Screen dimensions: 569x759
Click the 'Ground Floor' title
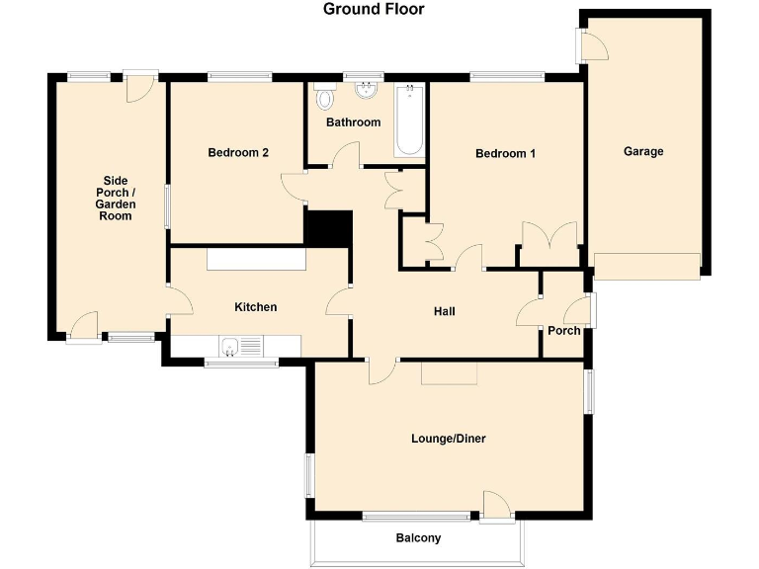point(374,10)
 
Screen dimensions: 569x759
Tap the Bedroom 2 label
point(238,152)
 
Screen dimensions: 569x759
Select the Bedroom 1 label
point(505,153)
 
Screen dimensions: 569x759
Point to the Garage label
point(642,151)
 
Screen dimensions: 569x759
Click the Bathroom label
point(353,122)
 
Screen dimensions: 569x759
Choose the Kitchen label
point(255,307)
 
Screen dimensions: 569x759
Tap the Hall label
point(445,311)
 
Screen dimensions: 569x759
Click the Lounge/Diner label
point(448,439)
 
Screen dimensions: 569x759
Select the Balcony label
point(417,538)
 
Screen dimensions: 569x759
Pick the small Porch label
point(563,331)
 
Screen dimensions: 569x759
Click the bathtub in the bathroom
point(408,122)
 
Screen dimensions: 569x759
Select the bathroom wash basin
point(367,91)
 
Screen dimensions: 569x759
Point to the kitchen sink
point(230,346)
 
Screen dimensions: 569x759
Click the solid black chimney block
point(328,228)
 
